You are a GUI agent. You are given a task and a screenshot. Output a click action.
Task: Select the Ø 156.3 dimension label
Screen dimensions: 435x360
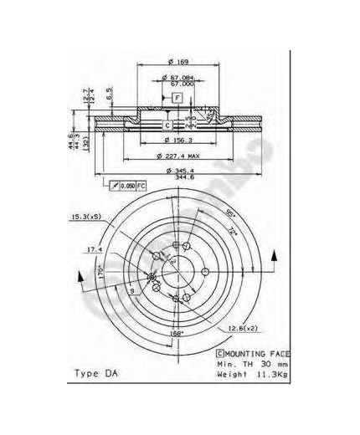(x=176, y=141)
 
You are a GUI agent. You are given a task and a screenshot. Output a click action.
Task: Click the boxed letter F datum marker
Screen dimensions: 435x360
(x=177, y=98)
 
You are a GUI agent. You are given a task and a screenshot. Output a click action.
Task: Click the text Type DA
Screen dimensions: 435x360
(x=97, y=372)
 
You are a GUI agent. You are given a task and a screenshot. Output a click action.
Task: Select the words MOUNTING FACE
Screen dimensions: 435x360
(x=255, y=356)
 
